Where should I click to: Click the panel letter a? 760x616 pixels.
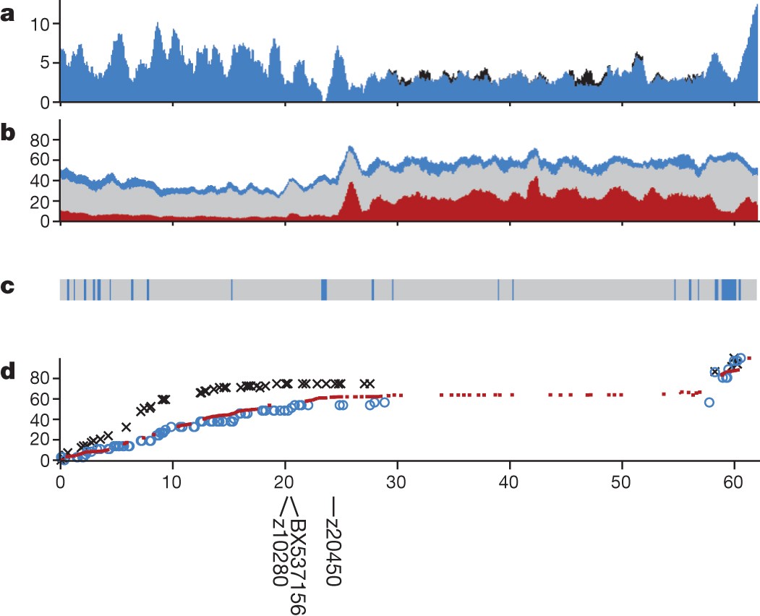(9, 15)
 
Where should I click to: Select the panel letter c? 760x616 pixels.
(8, 287)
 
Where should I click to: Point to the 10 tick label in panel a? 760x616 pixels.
(40, 24)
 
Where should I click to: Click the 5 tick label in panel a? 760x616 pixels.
(46, 63)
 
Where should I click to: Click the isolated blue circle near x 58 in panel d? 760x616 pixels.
(709, 402)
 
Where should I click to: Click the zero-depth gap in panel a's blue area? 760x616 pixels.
(325, 98)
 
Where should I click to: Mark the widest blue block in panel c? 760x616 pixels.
(728, 289)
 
